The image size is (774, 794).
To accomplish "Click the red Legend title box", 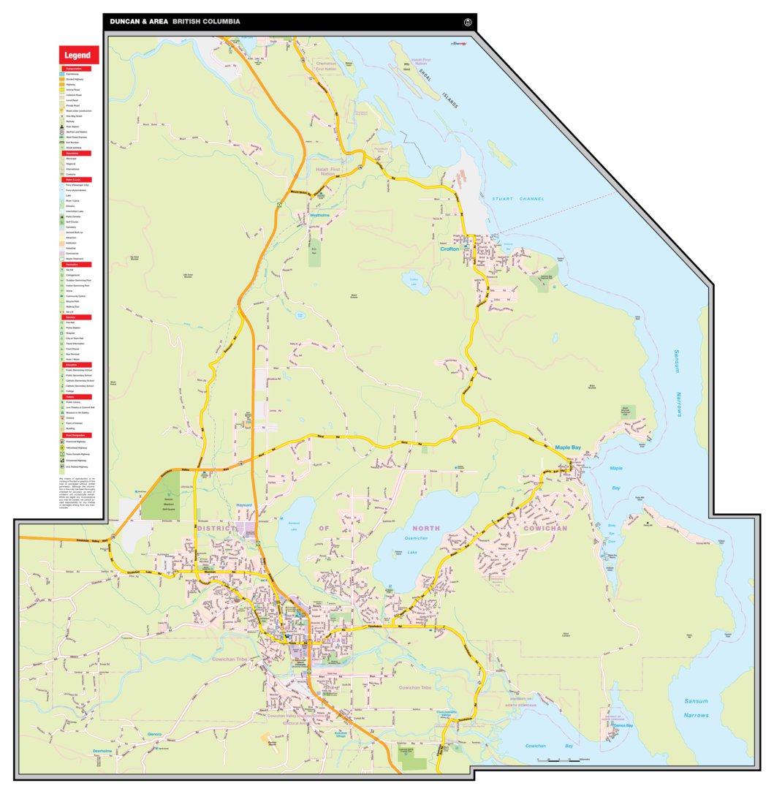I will (x=78, y=55).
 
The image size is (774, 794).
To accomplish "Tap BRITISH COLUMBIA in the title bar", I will (x=206, y=22).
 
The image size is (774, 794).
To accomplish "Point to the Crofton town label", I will (x=449, y=249).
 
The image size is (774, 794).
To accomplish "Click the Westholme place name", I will (x=320, y=216).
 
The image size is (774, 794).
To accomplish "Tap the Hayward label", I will (x=244, y=505).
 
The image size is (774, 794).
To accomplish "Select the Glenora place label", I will (x=154, y=733).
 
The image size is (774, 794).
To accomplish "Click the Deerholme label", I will (x=102, y=751).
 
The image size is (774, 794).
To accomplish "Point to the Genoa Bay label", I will (x=623, y=725).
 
